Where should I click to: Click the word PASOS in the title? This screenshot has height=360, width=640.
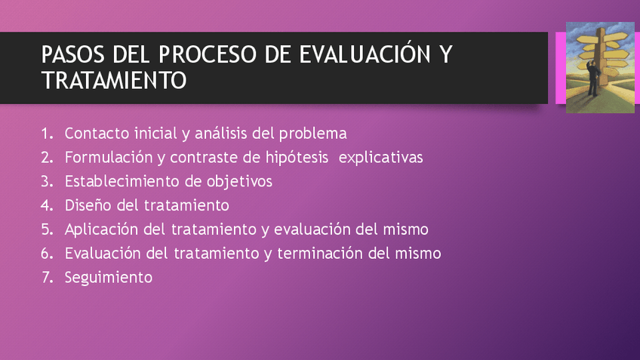pyautogui.click(x=72, y=54)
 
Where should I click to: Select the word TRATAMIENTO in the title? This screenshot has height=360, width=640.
pyautogui.click(x=114, y=80)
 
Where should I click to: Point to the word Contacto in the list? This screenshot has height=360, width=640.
pyautogui.click(x=97, y=134)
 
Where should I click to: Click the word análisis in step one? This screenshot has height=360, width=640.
pyautogui.click(x=221, y=134)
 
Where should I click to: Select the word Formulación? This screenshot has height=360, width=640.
pyautogui.click(x=109, y=157)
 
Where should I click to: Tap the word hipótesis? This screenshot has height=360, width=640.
pyautogui.click(x=297, y=158)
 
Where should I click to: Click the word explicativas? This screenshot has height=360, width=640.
pyautogui.click(x=380, y=158)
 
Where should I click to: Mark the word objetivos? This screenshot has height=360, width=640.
pyautogui.click(x=239, y=182)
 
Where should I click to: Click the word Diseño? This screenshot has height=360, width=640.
pyautogui.click(x=88, y=205)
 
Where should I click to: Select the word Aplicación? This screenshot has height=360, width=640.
pyautogui.click(x=102, y=229)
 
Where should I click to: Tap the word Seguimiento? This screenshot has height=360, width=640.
pyautogui.click(x=109, y=278)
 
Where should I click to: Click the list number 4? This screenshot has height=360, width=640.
pyautogui.click(x=47, y=205)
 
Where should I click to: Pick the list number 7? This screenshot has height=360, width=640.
pyautogui.click(x=47, y=278)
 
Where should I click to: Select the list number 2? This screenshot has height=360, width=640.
pyautogui.click(x=47, y=158)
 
